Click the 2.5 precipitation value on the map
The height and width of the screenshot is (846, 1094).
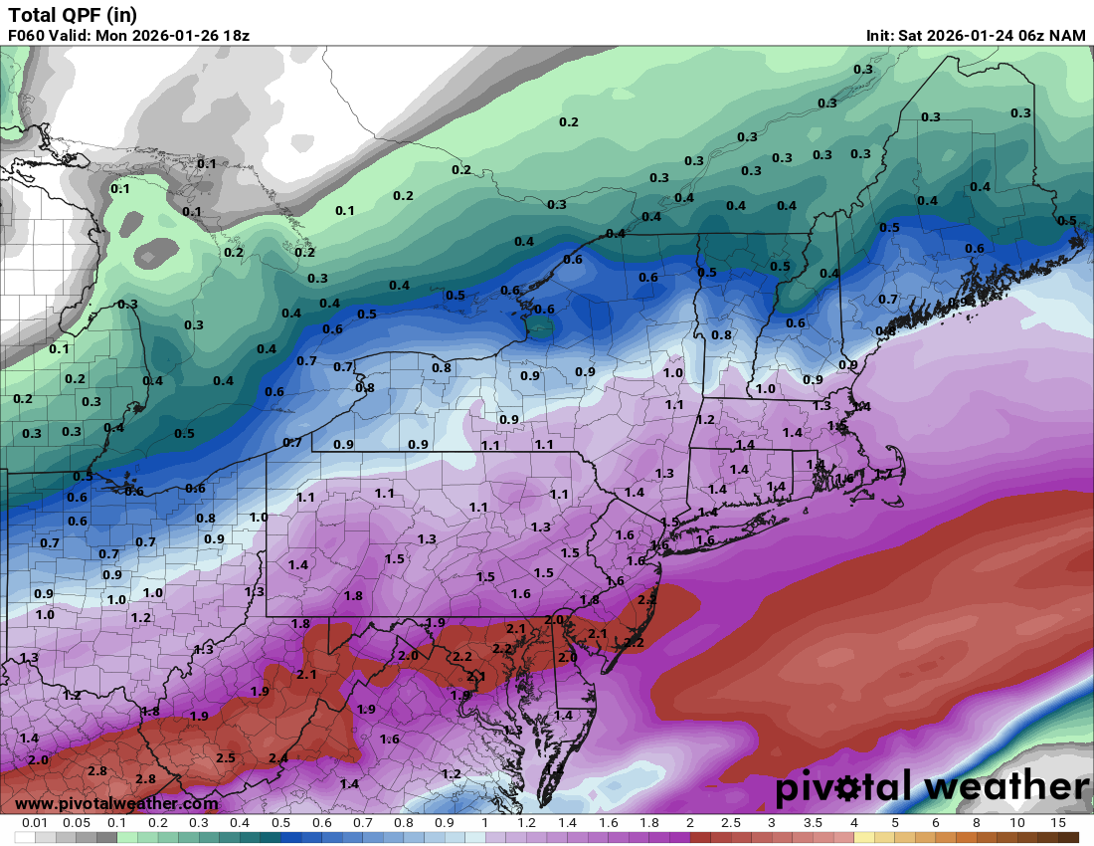click(x=226, y=758)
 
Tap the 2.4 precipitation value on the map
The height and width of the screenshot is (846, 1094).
click(x=278, y=758)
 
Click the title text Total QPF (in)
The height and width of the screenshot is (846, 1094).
click(x=73, y=14)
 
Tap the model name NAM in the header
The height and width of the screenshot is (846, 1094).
click(x=1066, y=35)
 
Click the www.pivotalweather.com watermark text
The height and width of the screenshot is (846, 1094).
click(x=116, y=803)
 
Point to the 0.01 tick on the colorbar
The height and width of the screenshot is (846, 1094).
click(x=36, y=823)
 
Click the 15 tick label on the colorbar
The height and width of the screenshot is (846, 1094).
click(x=1057, y=823)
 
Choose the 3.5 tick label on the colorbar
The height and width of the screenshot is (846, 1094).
click(x=813, y=823)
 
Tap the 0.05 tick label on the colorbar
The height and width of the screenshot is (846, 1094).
click(x=77, y=823)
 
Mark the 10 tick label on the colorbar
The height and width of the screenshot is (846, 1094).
click(x=1017, y=823)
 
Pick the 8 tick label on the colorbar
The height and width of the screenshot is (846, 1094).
click(x=977, y=823)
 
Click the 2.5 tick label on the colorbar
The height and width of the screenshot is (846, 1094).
click(x=731, y=823)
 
